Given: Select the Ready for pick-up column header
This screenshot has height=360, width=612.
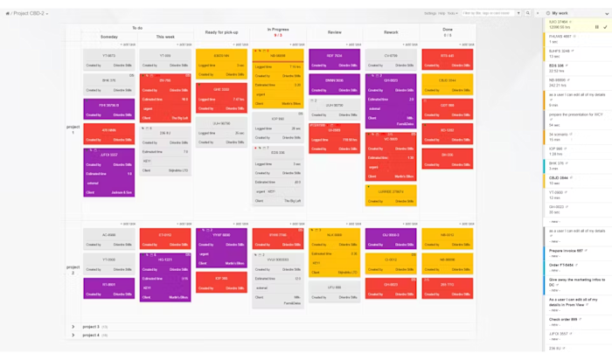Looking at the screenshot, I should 220,31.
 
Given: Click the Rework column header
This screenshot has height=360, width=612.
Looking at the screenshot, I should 391,31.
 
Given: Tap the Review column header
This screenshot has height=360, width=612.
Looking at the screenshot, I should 334,31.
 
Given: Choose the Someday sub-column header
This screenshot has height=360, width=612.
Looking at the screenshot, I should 109,37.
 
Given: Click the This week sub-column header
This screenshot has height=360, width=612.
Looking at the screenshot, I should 164,37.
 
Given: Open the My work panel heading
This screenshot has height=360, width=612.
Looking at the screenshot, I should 560,13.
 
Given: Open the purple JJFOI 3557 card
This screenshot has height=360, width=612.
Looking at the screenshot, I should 109,154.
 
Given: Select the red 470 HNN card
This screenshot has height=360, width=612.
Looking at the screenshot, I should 109,130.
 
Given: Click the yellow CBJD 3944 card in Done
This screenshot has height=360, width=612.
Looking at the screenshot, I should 447,80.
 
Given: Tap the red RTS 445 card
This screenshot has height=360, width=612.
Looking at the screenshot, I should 447,56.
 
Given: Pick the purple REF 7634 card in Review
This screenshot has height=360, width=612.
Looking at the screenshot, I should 334,56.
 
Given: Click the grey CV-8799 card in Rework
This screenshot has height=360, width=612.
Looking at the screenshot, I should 391,56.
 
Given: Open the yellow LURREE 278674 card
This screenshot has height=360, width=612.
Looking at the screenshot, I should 391,191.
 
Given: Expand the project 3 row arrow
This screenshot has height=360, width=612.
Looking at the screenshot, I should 73,327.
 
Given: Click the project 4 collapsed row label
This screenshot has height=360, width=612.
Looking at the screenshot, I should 91,335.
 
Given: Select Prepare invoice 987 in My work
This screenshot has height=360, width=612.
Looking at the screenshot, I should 565,251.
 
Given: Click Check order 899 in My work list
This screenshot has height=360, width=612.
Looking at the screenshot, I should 565,319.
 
